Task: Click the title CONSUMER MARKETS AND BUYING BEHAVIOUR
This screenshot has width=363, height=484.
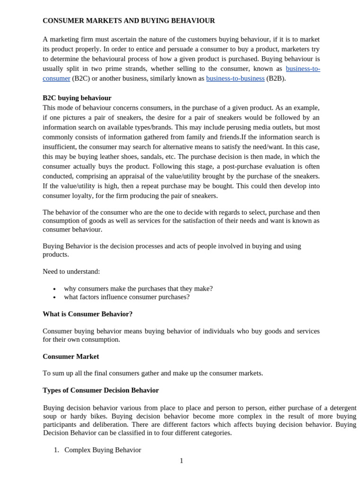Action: (129, 21)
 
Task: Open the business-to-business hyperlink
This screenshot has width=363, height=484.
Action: (235, 78)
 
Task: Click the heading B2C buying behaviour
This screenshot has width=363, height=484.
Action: (77, 98)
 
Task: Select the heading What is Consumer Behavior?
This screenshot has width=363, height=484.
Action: (87, 314)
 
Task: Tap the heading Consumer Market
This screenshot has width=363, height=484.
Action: (71, 356)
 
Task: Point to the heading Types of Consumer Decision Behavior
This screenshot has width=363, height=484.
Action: (101, 390)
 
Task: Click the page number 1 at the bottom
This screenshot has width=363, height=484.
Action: (181, 461)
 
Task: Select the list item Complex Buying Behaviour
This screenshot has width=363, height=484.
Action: (103, 450)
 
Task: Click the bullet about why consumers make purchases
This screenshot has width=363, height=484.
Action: (138, 288)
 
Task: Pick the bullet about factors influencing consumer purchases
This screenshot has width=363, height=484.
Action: (127, 297)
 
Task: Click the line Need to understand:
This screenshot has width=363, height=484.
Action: (71, 271)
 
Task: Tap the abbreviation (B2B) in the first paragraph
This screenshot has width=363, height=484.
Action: (276, 78)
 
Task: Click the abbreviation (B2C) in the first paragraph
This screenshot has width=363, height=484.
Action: (81, 78)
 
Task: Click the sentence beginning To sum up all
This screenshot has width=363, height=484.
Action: (153, 373)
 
